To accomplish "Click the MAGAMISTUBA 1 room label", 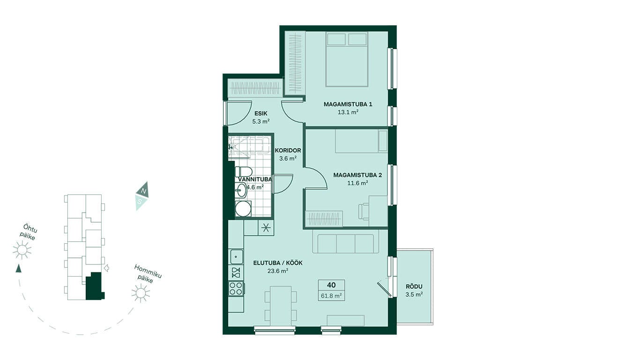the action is click(348, 105).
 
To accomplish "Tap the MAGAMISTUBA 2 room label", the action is click(357, 175).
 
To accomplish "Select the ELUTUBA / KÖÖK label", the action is click(278, 263).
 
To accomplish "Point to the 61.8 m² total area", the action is click(331, 296).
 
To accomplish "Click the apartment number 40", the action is click(331, 285).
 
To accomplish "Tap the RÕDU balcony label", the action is click(414, 286).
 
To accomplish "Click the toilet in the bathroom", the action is click(244, 172).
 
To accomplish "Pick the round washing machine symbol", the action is click(243, 209).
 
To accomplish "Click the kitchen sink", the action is click(236, 256).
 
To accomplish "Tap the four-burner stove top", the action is click(236, 288).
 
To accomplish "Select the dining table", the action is click(281, 306).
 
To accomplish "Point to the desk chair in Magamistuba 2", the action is click(364, 211).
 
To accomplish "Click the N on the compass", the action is click(144, 191).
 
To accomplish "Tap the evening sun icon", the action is click(22, 250).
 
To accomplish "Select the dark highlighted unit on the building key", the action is click(94, 286).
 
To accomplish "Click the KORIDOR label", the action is click(288, 150).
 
